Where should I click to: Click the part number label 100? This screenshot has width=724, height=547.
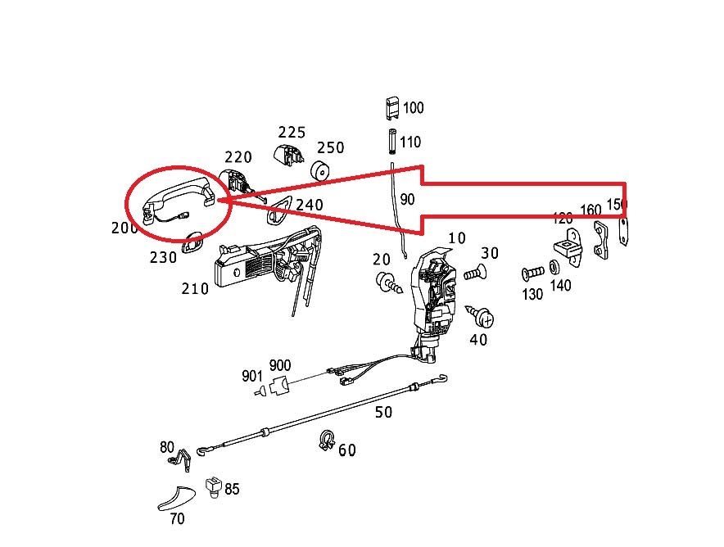click(x=414, y=108)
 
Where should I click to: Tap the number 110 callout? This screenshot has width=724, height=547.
click(x=410, y=142)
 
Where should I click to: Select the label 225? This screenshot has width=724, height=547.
click(x=292, y=132)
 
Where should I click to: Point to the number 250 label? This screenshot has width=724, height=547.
click(x=331, y=147)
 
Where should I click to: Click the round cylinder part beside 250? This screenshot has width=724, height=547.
click(x=319, y=170)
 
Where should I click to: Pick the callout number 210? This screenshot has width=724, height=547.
click(x=195, y=288)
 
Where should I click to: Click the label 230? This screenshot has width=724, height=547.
click(x=163, y=257)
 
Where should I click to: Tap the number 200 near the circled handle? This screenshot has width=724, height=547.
click(x=124, y=228)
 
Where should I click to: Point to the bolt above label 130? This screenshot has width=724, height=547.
click(x=532, y=273)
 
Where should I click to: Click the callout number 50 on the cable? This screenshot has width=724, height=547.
click(x=383, y=412)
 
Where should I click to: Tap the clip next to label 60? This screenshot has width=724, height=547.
click(x=325, y=441)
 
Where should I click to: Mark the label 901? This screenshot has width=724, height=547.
click(x=251, y=376)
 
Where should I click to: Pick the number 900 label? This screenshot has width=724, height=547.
click(x=279, y=365)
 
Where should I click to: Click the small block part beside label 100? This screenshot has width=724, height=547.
click(x=392, y=107)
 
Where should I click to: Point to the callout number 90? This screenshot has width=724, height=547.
click(x=407, y=199)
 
